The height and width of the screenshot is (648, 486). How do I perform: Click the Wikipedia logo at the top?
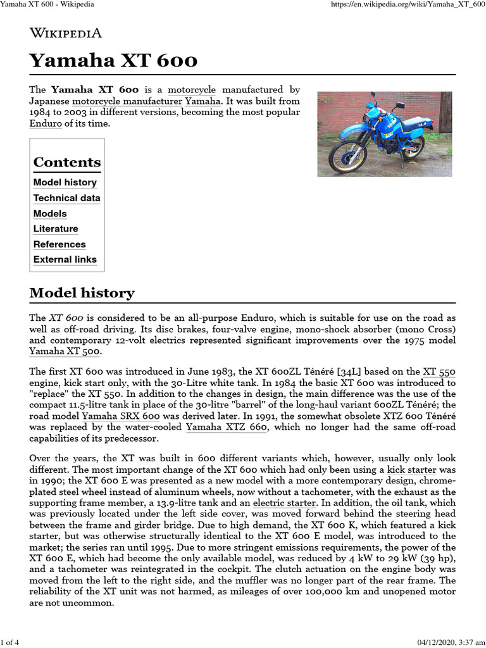pyautogui.click(x=66, y=33)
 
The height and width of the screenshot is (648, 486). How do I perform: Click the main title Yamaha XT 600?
pyautogui.click(x=113, y=61)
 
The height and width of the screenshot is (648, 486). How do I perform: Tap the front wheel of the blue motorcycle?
pyautogui.click(x=347, y=156)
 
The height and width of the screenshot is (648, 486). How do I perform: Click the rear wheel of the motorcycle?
pyautogui.click(x=413, y=145)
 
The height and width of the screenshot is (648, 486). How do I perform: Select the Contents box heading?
pyautogui.click(x=66, y=162)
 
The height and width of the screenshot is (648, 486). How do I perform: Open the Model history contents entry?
pyautogui.click(x=65, y=182)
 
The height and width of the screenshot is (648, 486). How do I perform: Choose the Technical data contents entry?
pyautogui.click(x=66, y=198)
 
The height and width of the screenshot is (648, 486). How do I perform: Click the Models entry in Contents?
pyautogui.click(x=49, y=213)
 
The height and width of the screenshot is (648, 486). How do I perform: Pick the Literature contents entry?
pyautogui.click(x=56, y=228)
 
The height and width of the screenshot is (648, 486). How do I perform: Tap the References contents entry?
pyautogui.click(x=59, y=244)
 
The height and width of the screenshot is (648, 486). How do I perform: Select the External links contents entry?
pyautogui.click(x=65, y=259)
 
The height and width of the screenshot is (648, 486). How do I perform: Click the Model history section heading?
pyautogui.click(x=82, y=293)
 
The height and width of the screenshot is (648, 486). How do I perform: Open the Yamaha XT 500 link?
pyautogui.click(x=65, y=351)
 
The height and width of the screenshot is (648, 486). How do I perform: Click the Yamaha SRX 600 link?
pyautogui.click(x=120, y=416)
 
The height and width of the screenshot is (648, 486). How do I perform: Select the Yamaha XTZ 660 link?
pyautogui.click(x=227, y=428)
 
